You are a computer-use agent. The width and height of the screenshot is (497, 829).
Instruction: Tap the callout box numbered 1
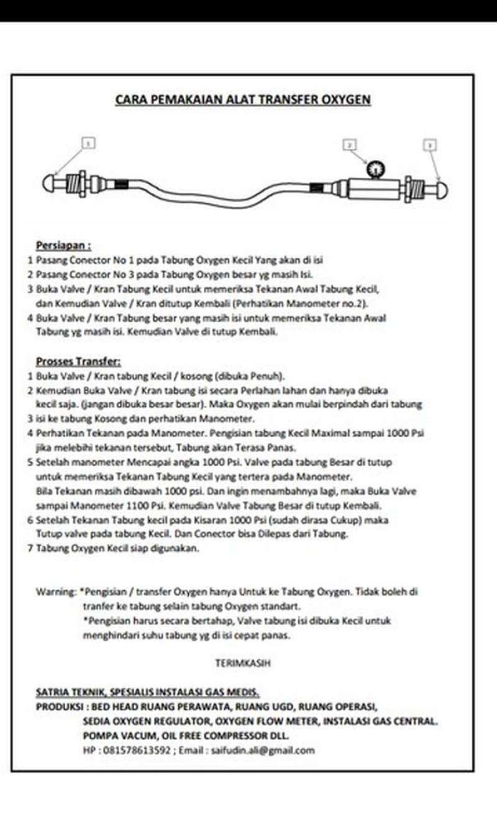[x=88, y=144]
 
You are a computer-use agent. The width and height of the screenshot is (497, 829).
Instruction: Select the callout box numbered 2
[x=350, y=144]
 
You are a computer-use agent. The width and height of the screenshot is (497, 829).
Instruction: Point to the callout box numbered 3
[x=429, y=145]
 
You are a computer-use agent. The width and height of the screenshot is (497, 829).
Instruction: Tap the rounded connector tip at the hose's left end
[x=49, y=184]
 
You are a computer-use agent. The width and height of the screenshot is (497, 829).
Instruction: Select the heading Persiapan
[x=63, y=246]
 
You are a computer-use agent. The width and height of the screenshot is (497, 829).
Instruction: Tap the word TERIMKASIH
[x=242, y=664]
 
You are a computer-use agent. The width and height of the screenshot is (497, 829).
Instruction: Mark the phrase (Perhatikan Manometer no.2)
[x=306, y=304]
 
